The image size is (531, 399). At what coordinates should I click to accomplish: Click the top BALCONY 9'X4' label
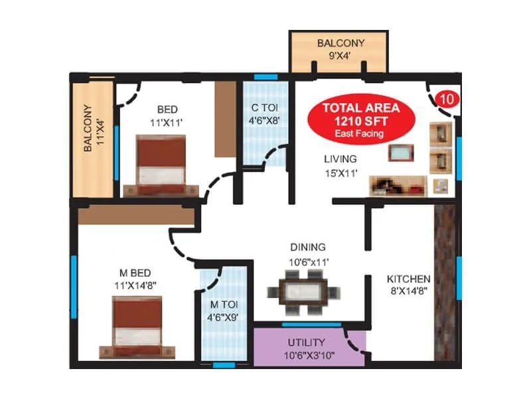click(339, 44)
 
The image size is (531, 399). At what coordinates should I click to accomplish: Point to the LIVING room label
click(341, 159)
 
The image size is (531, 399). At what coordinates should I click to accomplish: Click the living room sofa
click(398, 184)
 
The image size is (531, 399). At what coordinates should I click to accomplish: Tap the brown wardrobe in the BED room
click(224, 120)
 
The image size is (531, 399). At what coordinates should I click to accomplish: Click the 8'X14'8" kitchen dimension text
click(409, 290)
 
